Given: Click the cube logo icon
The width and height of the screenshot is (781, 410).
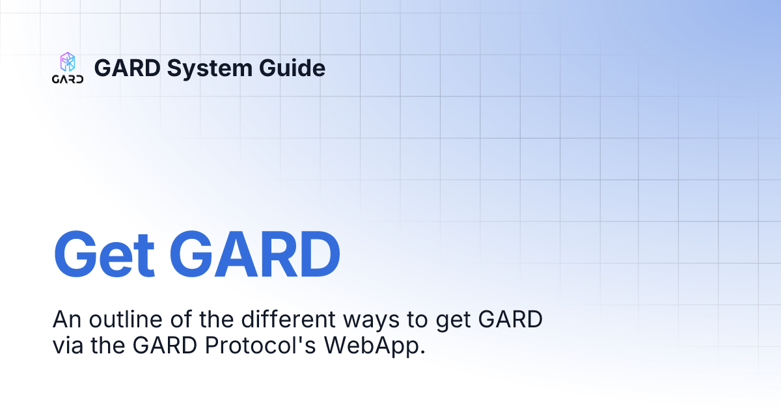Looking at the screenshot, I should tap(68, 62).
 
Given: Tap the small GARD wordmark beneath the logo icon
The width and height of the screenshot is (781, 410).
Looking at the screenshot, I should tap(68, 79).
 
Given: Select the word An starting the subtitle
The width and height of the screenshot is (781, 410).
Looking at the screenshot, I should tap(66, 320).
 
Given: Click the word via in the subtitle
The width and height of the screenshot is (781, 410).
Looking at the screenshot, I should tap(68, 345).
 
